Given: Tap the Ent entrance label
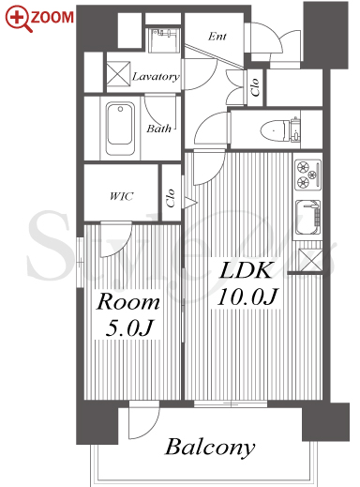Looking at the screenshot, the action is [217, 37].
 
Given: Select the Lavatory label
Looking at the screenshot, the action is [156, 77].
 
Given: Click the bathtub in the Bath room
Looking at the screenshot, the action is [120, 129].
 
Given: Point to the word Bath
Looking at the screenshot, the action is [159, 129].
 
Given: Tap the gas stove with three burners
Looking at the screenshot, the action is [308, 175].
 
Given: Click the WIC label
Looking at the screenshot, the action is [122, 196].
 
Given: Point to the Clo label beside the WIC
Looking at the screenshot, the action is [171, 198].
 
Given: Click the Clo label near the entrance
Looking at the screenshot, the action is [255, 86].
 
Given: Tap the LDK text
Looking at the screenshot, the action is [246, 270].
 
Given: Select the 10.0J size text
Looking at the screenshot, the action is [247, 297].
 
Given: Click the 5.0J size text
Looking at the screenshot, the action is [128, 328].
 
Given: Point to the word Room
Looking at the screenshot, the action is [127, 301].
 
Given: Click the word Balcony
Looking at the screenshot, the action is [210, 448].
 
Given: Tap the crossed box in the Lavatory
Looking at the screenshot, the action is [118, 73].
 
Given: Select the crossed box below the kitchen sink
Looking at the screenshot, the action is [309, 260].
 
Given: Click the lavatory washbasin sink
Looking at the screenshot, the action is [163, 40].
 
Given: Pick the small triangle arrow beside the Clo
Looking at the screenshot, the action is [189, 203].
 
